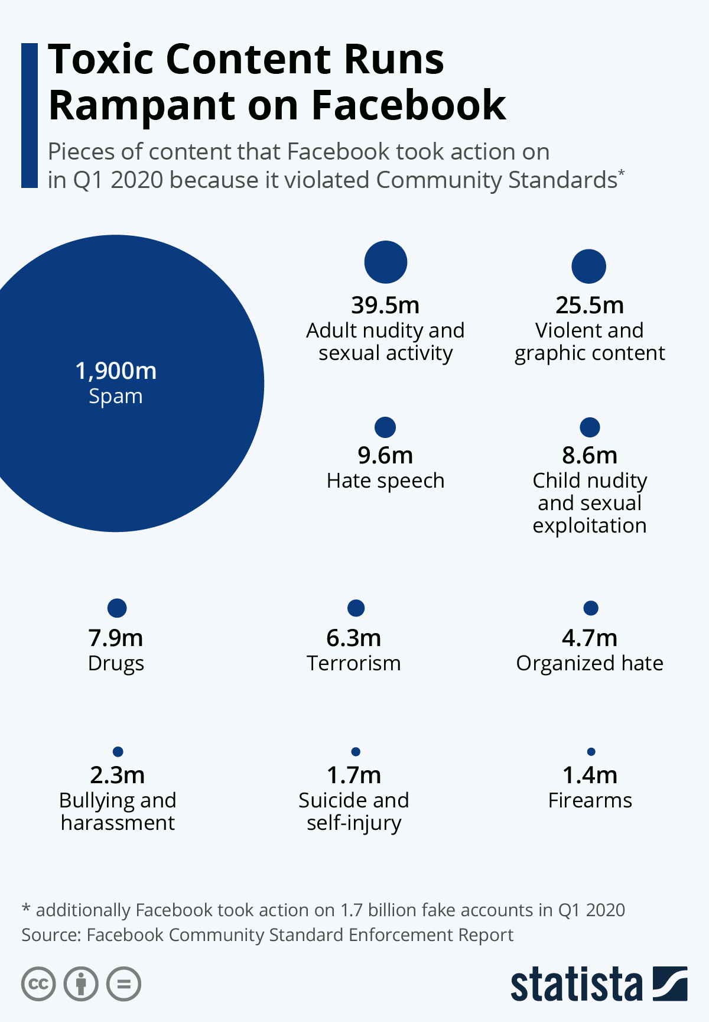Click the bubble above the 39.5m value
coord(386,262)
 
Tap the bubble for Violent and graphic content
coord(589,266)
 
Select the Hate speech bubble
coord(385,427)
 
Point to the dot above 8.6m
coord(590,427)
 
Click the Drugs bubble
coord(117,608)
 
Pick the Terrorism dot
coord(356,608)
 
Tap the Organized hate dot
coord(591,608)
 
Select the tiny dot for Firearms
coord(591,752)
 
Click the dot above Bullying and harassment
coord(118,752)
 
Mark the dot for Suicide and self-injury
coord(356,752)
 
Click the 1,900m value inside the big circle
coord(116,371)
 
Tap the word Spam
coord(116,397)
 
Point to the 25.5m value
coord(590,306)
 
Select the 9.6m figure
coord(385,456)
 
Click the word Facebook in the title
coord(409,105)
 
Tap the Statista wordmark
coord(577,984)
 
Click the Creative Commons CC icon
coord(38,984)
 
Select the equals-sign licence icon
coord(124,984)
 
